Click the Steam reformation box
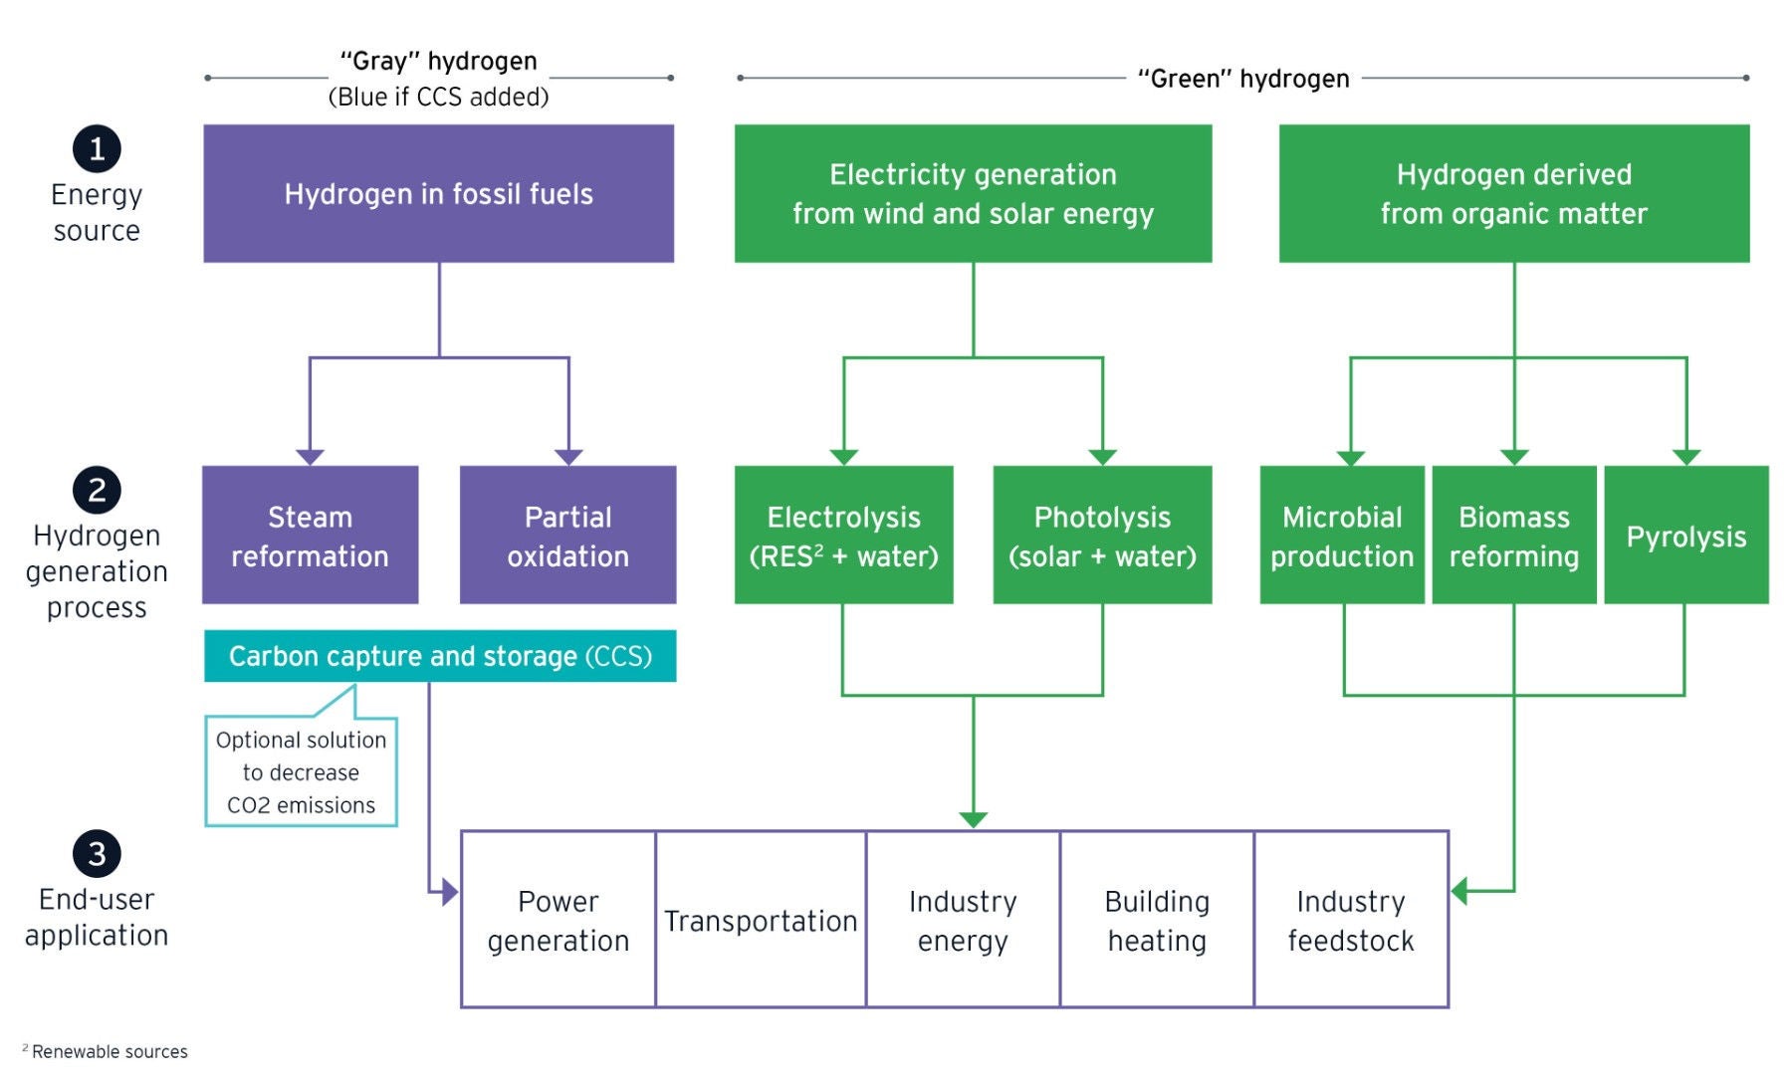point(310,536)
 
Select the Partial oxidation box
point(567,536)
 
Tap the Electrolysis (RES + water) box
point(843,536)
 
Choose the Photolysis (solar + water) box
point(1102,536)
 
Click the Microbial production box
point(1341,536)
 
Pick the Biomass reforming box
point(1513,536)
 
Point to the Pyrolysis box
point(1685,536)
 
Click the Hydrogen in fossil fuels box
point(438,193)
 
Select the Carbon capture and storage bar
point(439,656)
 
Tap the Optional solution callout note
point(301,771)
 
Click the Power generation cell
point(558,920)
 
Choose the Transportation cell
point(761,920)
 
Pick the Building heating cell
point(1157,920)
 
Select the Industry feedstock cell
point(1350,920)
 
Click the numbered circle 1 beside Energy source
point(97,148)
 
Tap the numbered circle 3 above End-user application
point(97,854)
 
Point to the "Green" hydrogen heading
point(1242,79)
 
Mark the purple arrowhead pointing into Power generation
point(450,892)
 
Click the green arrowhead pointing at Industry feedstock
point(1460,891)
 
